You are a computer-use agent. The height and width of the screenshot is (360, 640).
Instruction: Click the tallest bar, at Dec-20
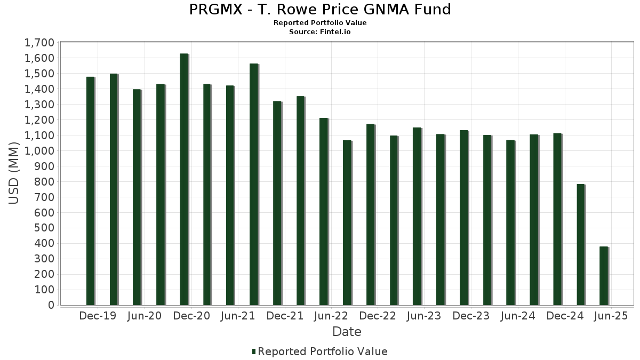pyautogui.click(x=183, y=179)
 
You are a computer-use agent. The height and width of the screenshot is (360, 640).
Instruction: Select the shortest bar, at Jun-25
pyautogui.click(x=603, y=276)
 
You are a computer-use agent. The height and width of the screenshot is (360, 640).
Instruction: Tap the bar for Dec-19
pyautogui.click(x=90, y=191)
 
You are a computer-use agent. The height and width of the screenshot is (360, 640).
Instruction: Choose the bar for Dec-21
pyautogui.click(x=277, y=203)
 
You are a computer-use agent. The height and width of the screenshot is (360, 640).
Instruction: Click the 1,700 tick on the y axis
pyautogui.click(x=39, y=43)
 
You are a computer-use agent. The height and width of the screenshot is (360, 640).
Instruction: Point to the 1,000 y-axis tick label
pyautogui.click(x=39, y=151)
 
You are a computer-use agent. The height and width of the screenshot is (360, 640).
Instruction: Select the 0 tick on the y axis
pyautogui.click(x=51, y=306)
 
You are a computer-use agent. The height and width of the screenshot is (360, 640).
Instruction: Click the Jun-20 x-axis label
pyautogui.click(x=144, y=316)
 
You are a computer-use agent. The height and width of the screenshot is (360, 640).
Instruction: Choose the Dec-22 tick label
pyautogui.click(x=378, y=316)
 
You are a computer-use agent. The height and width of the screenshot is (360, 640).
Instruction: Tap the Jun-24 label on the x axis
pyautogui.click(x=517, y=316)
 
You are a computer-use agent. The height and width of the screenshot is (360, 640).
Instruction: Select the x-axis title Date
pyautogui.click(x=347, y=332)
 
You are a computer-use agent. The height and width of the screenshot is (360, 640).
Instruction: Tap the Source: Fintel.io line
pyautogui.click(x=320, y=32)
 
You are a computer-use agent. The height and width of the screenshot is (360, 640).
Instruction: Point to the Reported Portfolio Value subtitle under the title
pyautogui.click(x=320, y=23)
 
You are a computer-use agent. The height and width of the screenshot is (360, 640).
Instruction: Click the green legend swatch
pyautogui.click(x=254, y=352)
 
